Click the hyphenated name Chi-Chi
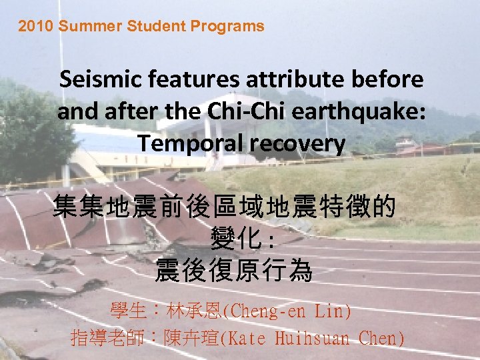click(234, 111)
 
